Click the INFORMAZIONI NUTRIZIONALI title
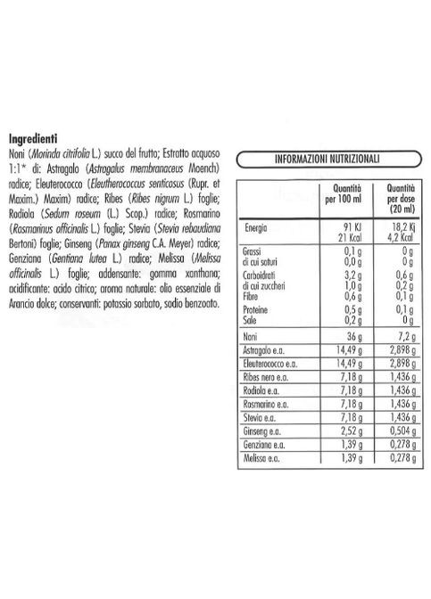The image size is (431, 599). pos(328,159)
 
